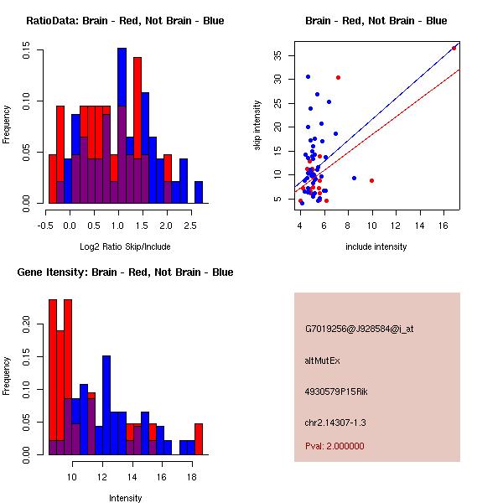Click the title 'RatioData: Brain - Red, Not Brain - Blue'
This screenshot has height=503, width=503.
coord(125,20)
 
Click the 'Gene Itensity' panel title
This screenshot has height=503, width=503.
coord(125,272)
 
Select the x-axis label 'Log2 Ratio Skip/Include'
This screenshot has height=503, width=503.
coord(125,246)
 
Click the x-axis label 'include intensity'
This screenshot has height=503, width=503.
coord(376,246)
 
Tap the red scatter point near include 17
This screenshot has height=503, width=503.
coord(454,48)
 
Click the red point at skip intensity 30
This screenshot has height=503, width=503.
coord(338,77)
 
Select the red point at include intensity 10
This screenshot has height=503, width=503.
coord(371,180)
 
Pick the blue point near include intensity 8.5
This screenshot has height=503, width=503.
coord(354,178)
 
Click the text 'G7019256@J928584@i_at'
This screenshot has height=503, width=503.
coord(359,329)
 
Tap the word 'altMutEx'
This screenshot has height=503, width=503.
coord(323,360)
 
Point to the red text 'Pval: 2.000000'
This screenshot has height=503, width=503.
coord(334,446)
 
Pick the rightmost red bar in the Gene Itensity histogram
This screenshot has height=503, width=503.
coord(199,438)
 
